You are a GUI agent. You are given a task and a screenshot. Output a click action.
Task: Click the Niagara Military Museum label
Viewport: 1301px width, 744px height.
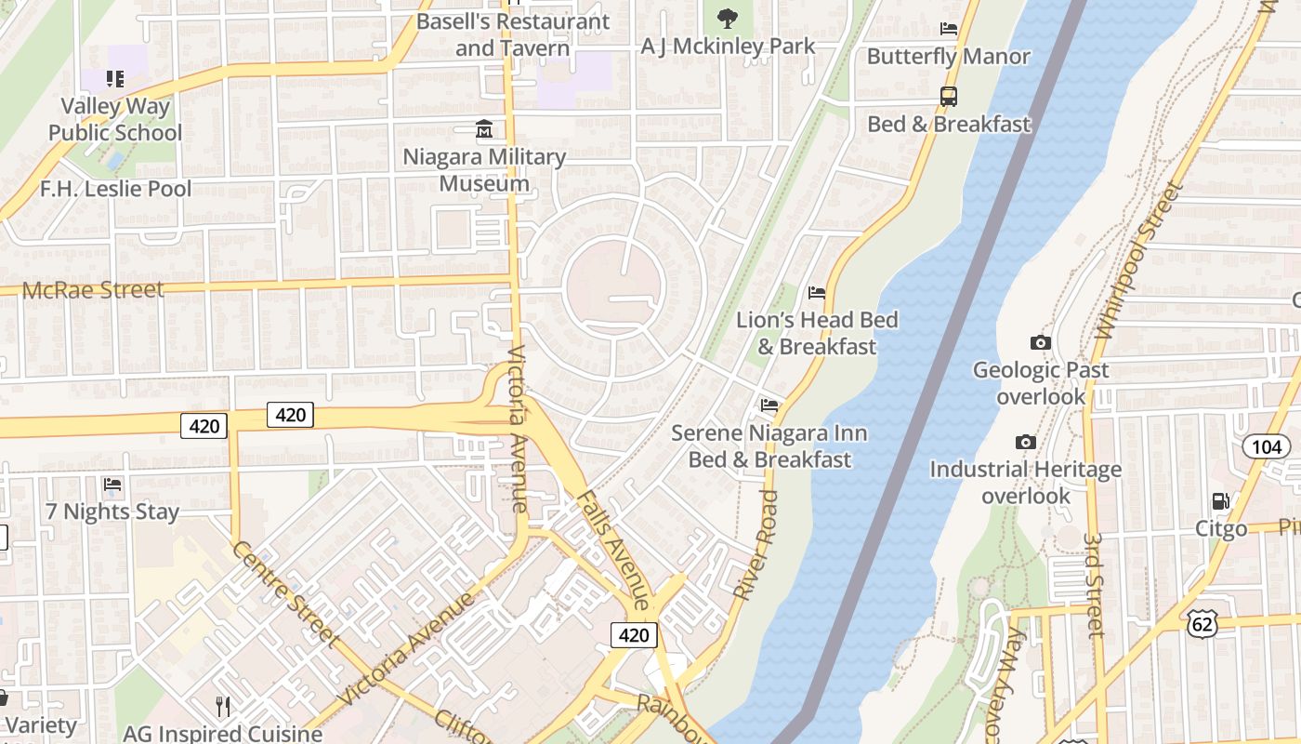[484, 170]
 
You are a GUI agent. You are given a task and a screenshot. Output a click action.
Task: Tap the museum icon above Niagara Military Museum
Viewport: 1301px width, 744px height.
[484, 129]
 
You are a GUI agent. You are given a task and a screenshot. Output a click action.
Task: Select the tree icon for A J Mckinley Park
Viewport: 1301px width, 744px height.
[728, 18]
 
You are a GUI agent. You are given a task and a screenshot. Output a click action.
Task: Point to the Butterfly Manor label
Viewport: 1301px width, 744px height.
[948, 57]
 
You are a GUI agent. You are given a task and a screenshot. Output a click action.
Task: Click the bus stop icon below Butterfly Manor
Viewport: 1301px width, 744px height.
[949, 96]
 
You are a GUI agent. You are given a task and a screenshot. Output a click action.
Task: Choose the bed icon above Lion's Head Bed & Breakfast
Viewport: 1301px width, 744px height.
[817, 293]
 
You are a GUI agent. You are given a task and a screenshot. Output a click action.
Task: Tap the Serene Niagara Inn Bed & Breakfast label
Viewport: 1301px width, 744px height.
[769, 446]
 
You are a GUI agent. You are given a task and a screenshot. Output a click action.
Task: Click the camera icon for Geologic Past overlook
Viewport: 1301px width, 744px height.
[1041, 343]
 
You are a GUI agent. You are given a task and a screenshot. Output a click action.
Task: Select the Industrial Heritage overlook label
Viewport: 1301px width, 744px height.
[1026, 483]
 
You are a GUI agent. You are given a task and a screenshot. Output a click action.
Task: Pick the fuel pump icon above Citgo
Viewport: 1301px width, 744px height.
[1221, 501]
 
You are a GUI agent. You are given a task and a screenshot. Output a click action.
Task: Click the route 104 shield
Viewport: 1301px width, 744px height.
[1267, 447]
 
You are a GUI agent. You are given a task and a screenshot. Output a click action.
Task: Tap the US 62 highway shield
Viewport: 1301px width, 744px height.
[1202, 625]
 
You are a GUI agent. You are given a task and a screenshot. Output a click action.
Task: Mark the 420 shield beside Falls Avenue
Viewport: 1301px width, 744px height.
[634, 635]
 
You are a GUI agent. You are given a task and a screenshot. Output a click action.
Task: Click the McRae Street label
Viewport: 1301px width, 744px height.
[93, 290]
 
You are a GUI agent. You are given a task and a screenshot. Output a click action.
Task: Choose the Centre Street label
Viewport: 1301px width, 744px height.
[284, 592]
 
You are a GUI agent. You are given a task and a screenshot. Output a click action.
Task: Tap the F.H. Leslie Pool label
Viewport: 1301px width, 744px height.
[115, 189]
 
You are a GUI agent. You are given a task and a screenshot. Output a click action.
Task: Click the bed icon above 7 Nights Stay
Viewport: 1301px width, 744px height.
[112, 485]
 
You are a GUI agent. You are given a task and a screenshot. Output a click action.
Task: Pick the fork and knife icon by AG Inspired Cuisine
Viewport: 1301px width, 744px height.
[223, 707]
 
